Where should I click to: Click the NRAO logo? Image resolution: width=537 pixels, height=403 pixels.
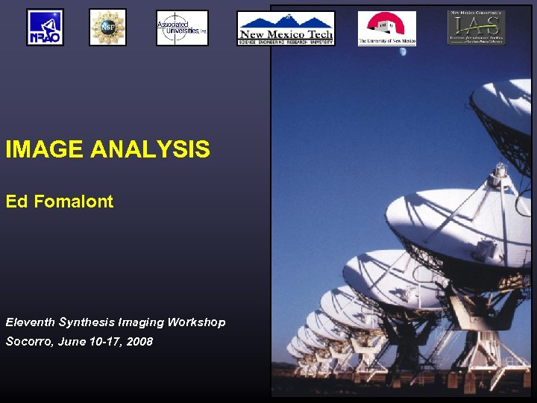point(45,28)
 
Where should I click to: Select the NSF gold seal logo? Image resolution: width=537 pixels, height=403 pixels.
point(107,28)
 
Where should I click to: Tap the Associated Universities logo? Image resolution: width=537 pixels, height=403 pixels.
point(182,28)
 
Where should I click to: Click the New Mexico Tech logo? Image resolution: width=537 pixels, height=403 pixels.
point(286,28)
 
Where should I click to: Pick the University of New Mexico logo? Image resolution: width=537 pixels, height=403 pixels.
point(386,28)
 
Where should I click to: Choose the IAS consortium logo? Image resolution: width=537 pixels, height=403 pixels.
point(476,28)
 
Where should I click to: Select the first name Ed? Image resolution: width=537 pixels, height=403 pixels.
point(16,201)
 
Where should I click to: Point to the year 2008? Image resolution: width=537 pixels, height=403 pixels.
point(139,342)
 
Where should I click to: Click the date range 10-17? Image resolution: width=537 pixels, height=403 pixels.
point(107,342)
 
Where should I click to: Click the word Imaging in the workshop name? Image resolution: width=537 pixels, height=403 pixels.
point(142,322)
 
